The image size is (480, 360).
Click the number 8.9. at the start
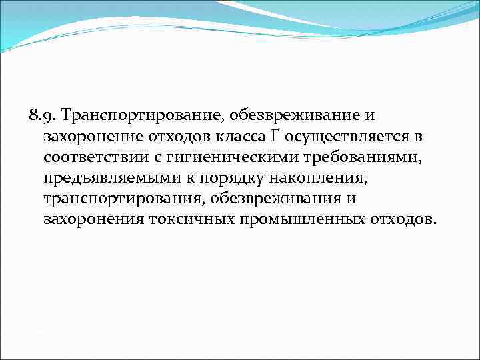(43, 115)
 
